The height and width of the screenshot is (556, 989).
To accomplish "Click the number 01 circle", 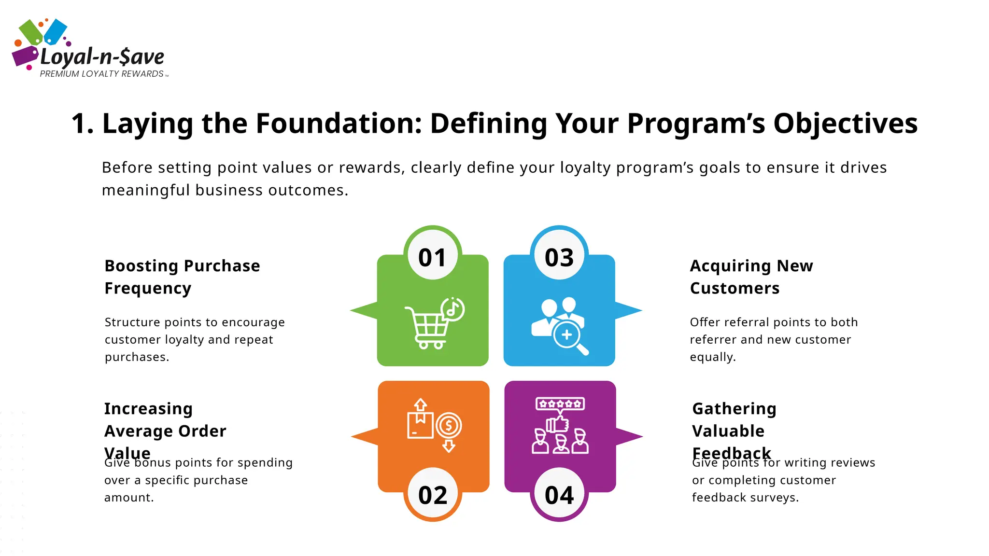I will click(432, 256).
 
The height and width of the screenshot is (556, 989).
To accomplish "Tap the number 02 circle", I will click(433, 494).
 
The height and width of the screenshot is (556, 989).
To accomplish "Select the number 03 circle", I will click(559, 256).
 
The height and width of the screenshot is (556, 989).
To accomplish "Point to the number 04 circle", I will click(559, 494).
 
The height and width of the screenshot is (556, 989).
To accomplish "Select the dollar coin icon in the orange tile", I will click(449, 426).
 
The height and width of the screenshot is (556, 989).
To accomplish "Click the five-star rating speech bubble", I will click(560, 404).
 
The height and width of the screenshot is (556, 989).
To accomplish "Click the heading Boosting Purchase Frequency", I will click(182, 277).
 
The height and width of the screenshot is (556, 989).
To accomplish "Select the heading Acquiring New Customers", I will click(751, 277).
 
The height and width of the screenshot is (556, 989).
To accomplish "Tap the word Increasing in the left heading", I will click(148, 409).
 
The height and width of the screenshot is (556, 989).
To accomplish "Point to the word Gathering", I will click(734, 409).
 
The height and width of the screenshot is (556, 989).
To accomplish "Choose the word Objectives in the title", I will click(845, 123).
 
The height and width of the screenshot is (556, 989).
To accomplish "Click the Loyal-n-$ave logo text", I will click(102, 57).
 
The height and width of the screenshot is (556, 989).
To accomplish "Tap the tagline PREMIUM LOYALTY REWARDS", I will click(101, 74).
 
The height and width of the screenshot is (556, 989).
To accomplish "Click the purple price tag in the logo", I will click(25, 56).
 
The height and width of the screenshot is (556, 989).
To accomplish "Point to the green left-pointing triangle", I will click(365, 310).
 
